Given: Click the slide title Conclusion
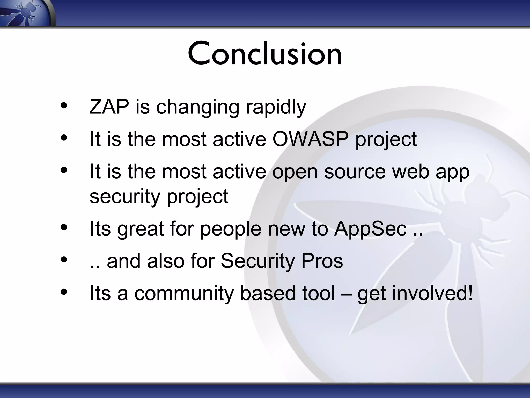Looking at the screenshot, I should (x=265, y=54).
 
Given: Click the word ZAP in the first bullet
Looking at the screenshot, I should (x=109, y=107).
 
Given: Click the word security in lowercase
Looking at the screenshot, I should (x=125, y=196).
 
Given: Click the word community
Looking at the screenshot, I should (x=184, y=294).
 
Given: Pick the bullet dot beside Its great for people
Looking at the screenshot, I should (x=64, y=227).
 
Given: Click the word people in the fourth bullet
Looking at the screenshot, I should (x=231, y=229).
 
